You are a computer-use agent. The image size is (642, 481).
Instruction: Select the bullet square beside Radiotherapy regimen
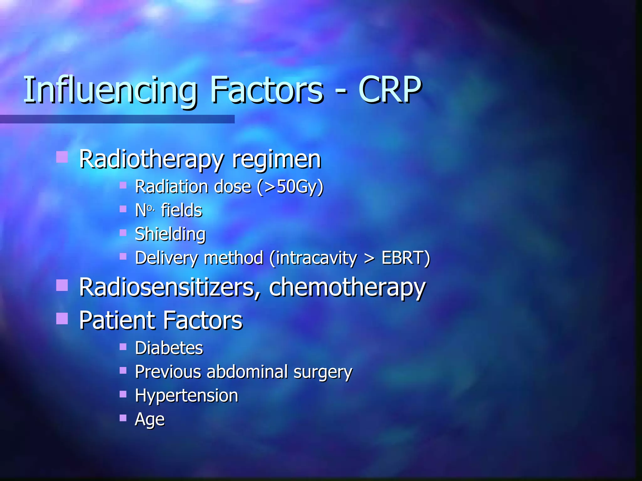[62, 157]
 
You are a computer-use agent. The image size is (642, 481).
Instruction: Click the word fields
[182, 210]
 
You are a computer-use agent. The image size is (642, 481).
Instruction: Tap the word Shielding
[170, 234]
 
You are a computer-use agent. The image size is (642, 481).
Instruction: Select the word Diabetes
[169, 348]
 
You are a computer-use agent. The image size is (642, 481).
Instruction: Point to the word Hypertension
[187, 396]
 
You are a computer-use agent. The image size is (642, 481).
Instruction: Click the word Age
[150, 420]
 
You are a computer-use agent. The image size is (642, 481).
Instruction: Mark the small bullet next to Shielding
[123, 233]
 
